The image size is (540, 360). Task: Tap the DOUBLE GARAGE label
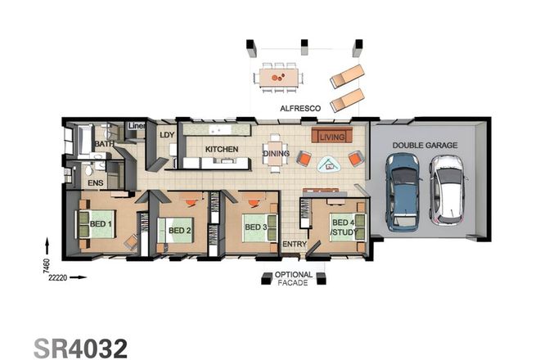click(424, 145)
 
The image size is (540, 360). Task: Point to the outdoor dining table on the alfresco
click(278, 77)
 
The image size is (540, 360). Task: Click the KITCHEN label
click(221, 149)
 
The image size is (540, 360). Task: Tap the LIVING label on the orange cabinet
click(332, 136)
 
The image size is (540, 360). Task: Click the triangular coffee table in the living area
click(330, 164)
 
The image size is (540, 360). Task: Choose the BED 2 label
click(179, 231)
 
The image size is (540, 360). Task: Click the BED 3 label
click(255, 227)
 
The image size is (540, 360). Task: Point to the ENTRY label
click(293, 245)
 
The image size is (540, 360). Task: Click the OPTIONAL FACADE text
click(293, 279)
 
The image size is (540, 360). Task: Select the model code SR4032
click(80, 346)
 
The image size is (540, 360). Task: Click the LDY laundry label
click(167, 135)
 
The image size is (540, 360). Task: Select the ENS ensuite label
click(96, 183)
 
